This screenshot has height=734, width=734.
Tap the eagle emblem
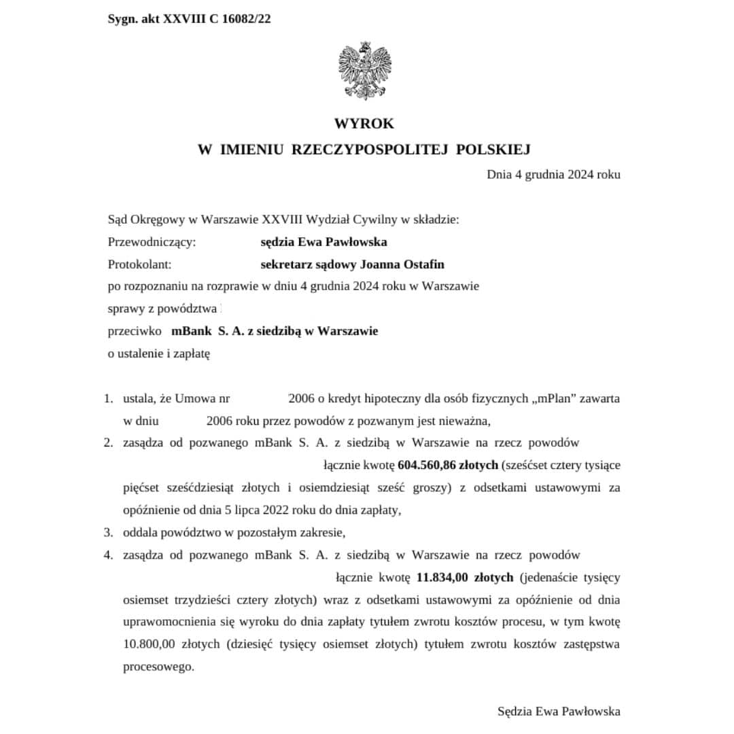tap(365, 71)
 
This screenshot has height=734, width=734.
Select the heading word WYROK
tap(364, 124)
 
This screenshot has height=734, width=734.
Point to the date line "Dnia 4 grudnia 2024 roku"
tap(553, 174)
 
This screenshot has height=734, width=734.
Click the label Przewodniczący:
tap(152, 242)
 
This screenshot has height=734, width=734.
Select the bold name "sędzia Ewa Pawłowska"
tap(324, 242)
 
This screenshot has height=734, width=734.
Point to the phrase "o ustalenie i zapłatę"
tap(159, 354)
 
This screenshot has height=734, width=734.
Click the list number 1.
tap(108, 398)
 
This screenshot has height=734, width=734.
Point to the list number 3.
tap(108, 532)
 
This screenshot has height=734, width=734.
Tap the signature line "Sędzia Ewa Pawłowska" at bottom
tap(558, 712)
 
